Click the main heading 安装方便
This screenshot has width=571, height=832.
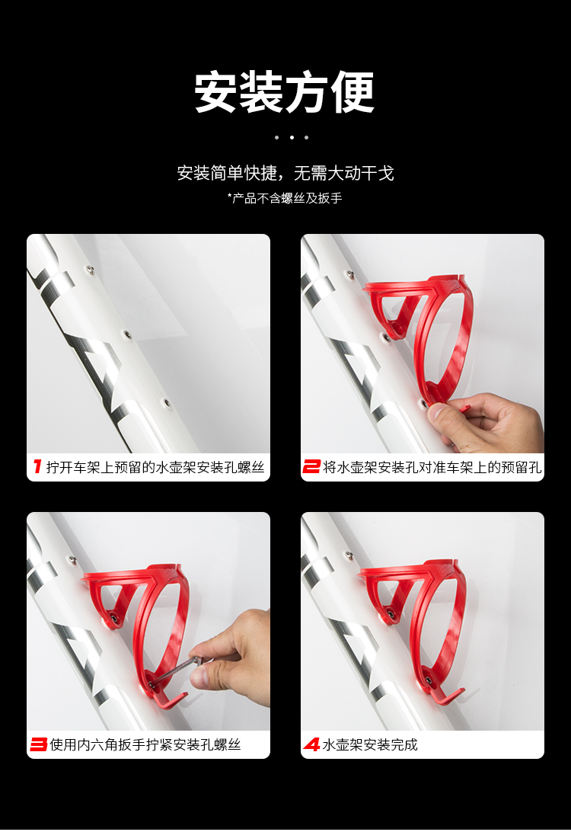pos(285,91)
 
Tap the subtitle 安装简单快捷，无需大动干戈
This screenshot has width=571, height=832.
pos(285,173)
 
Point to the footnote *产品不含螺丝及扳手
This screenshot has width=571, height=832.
pos(285,198)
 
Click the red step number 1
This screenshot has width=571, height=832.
pos(37,466)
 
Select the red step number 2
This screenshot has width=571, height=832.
pos(311,466)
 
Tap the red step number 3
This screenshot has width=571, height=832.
pos(38,744)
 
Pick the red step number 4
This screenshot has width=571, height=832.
pos(311,744)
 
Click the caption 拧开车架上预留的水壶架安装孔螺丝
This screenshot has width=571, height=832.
pos(155,467)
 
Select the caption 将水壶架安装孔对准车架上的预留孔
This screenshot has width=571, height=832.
pos(432,467)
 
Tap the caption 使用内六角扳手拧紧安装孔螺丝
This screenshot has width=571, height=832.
pos(145,745)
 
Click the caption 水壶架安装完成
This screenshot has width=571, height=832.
pos(370,745)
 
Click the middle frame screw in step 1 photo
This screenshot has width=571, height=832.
pos(126,334)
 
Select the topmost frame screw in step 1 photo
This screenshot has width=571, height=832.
pos(90,270)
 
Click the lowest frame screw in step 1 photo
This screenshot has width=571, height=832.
pos(165,403)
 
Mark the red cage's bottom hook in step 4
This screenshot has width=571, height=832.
pos(447,692)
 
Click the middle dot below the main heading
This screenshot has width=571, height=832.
pos(292,137)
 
